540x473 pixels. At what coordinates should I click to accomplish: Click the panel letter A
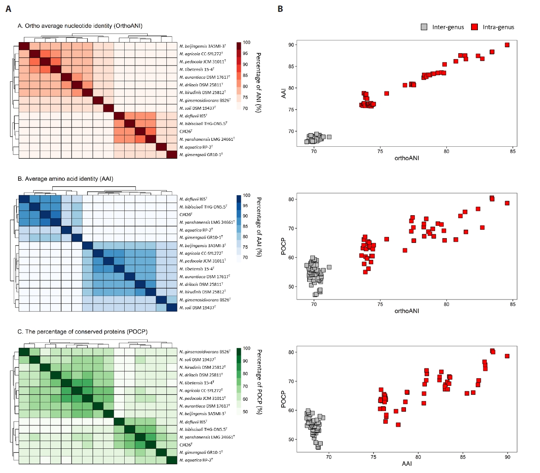(9, 9)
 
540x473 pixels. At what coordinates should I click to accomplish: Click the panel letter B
(280, 9)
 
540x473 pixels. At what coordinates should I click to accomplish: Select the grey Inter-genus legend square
(424, 27)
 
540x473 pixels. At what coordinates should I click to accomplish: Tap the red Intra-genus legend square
(474, 27)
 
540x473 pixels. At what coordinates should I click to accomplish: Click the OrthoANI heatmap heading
(80, 26)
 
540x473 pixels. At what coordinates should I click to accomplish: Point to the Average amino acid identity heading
(66, 179)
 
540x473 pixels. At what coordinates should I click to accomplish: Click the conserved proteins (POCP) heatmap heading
(83, 331)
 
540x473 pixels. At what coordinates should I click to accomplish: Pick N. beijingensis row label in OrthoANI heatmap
(203, 46)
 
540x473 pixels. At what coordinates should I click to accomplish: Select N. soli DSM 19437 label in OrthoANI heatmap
(197, 108)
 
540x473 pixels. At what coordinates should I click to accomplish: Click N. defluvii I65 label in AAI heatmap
(193, 199)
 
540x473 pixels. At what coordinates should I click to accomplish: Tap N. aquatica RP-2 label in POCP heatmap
(196, 460)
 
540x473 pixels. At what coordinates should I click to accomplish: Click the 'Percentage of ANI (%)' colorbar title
(258, 83)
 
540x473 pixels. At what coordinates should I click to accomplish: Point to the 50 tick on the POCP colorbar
(246, 412)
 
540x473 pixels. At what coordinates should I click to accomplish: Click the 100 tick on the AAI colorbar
(247, 196)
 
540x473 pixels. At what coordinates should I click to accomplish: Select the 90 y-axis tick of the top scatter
(291, 45)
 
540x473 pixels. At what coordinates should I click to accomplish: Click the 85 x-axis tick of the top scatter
(512, 151)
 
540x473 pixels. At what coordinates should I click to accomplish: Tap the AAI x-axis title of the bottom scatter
(406, 464)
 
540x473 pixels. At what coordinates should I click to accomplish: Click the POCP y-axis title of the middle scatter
(283, 247)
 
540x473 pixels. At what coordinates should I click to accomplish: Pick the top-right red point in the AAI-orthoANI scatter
(507, 45)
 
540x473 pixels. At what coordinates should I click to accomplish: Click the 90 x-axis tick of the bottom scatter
(507, 457)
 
